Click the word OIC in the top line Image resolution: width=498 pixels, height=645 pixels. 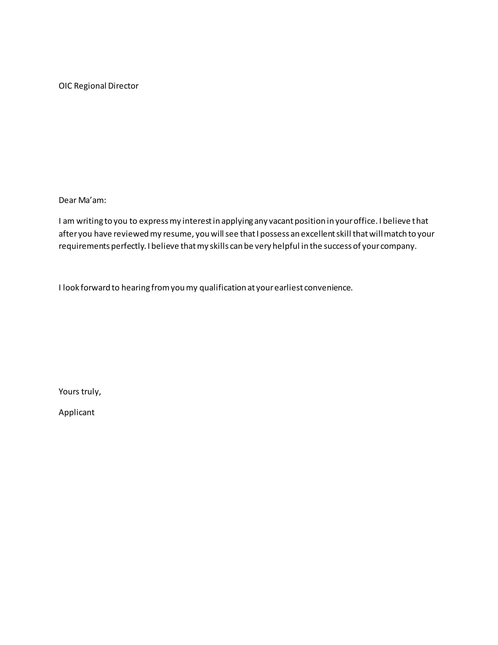[x=65, y=86]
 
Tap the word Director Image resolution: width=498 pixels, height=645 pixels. [x=123, y=86]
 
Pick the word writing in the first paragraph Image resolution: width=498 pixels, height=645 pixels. [x=90, y=221]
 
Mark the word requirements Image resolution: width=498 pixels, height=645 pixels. [x=84, y=246]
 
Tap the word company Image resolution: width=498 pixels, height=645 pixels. [x=398, y=246]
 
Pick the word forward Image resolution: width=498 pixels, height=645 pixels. [x=95, y=288]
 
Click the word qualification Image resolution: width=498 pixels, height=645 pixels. [x=223, y=288]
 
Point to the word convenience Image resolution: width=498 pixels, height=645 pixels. [x=328, y=288]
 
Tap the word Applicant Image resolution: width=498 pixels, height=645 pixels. [x=76, y=412]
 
